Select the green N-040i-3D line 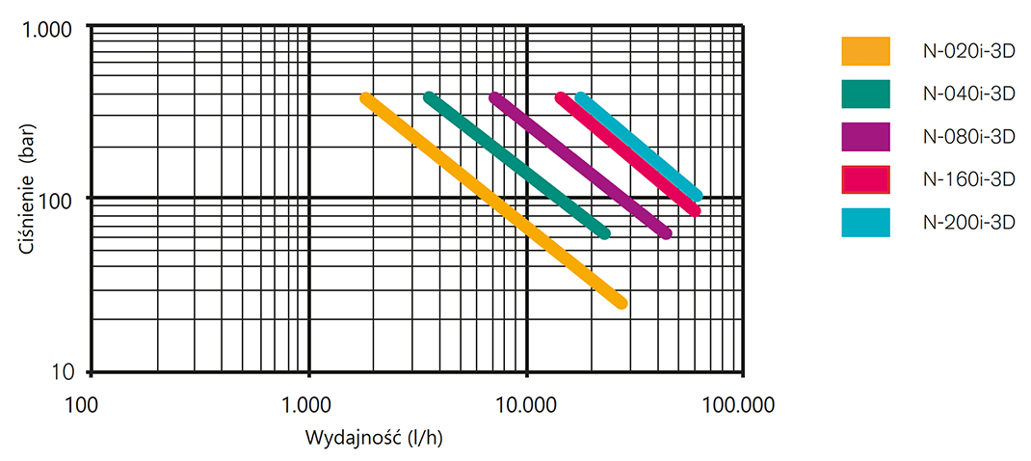click(516, 165)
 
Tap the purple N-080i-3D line click(581, 165)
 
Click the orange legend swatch click(865, 50)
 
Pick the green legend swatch click(865, 94)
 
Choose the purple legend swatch click(865, 137)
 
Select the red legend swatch click(865, 179)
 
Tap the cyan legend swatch click(865, 223)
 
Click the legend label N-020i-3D click(969, 50)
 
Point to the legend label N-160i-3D click(969, 179)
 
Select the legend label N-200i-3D click(969, 223)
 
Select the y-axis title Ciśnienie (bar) click(30, 200)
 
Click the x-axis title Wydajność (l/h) click(373, 436)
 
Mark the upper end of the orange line click(366, 98)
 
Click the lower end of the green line click(605, 233)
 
